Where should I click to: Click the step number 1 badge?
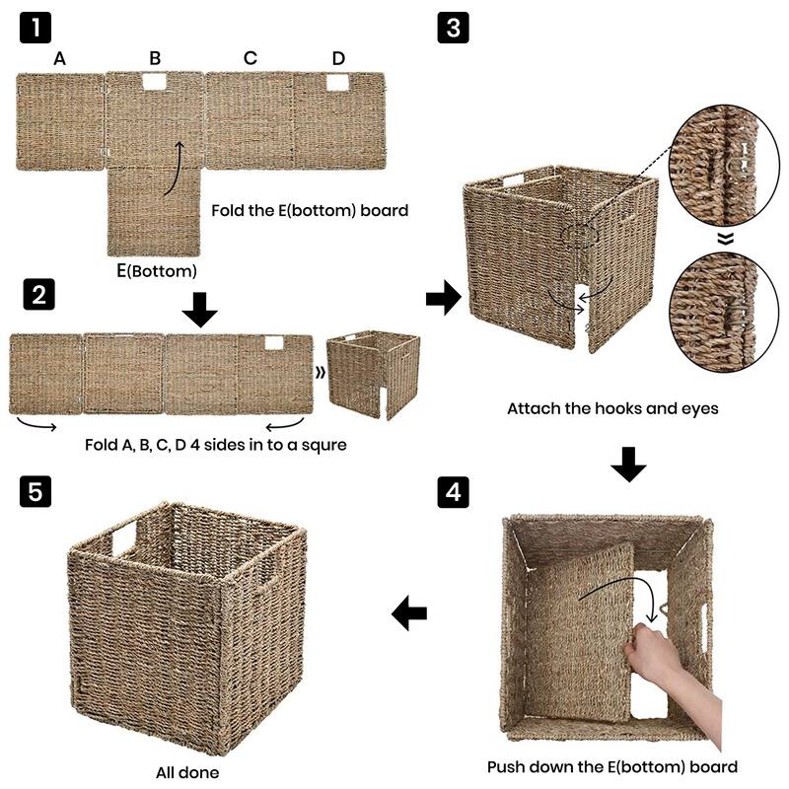click(x=36, y=28)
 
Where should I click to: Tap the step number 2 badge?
click(x=36, y=294)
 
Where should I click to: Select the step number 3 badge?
click(x=454, y=28)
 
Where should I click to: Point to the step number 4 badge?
click(x=454, y=491)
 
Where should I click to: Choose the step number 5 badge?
click(x=36, y=491)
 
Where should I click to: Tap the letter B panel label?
click(x=155, y=58)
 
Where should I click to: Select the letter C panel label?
click(x=251, y=58)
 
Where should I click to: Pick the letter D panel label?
click(x=338, y=58)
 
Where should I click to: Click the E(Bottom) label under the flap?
click(x=156, y=270)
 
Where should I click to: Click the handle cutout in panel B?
click(x=155, y=85)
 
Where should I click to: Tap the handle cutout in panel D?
click(x=337, y=85)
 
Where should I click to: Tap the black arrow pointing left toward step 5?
click(x=409, y=613)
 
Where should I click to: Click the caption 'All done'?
click(x=187, y=772)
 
